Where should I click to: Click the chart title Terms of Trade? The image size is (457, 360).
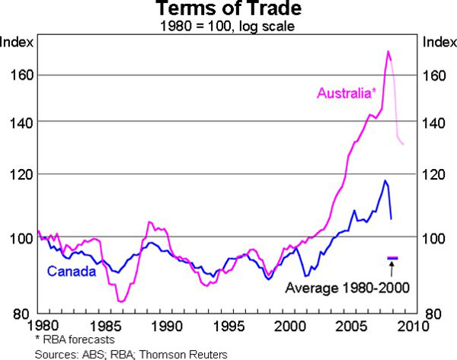tap(228, 11)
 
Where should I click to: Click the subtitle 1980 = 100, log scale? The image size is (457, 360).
tap(228, 27)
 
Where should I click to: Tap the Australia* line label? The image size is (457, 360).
tap(345, 94)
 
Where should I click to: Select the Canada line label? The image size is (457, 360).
tap(71, 272)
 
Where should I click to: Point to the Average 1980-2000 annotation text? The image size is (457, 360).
tap(347, 288)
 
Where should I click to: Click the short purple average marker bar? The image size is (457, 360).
tap(392, 259)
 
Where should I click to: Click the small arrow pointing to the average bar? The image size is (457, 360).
tap(392, 269)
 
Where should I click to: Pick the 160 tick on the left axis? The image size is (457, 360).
tap(20, 75)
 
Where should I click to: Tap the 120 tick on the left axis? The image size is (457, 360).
tap(20, 174)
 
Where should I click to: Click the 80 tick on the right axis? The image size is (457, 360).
tap(435, 313)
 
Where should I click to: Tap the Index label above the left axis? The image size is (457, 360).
tap(16, 41)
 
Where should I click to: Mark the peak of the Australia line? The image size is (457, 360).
tap(388, 51)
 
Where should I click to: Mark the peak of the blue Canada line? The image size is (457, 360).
tap(385, 180)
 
